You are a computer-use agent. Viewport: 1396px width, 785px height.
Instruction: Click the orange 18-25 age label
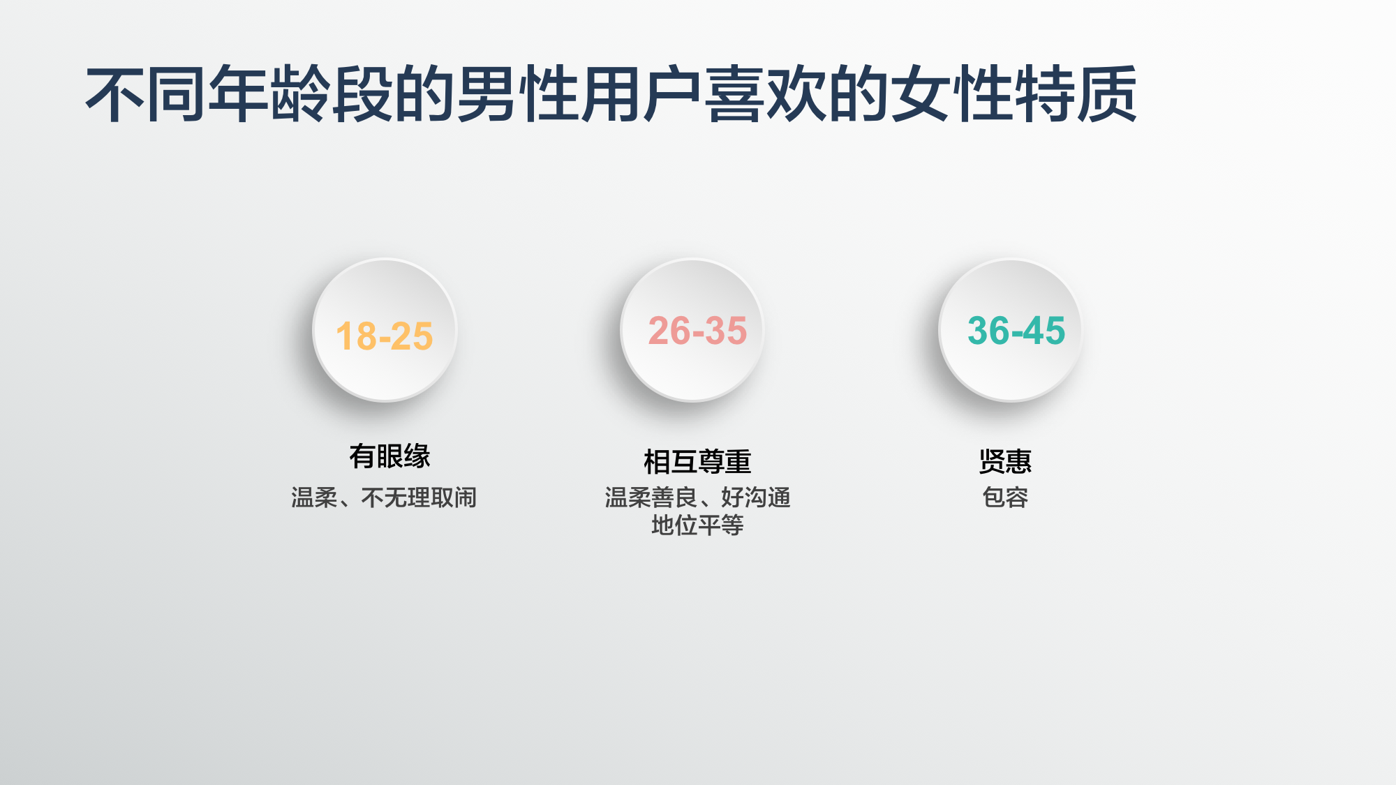coord(385,336)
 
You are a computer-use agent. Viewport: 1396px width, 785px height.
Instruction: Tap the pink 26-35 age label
coord(697,331)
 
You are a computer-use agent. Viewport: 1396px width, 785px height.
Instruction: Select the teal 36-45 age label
coord(1016,331)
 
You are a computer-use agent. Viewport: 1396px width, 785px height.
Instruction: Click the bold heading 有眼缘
coord(389,456)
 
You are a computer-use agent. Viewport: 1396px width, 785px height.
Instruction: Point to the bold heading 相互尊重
coord(697,462)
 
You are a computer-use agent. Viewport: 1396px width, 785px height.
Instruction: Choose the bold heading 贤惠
coord(1005,462)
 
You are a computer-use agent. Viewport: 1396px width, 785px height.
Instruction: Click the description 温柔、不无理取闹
coord(384,498)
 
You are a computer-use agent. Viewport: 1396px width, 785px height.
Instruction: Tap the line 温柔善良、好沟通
coord(697,498)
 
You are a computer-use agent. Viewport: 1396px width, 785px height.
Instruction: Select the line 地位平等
coord(697,525)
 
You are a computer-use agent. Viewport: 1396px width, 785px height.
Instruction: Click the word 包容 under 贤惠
coord(1005,498)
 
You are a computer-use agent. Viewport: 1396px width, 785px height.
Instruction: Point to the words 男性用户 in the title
coord(579,94)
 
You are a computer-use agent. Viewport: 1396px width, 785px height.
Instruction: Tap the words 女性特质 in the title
coord(1016,94)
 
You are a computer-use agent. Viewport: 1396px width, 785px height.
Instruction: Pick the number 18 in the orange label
coord(357,336)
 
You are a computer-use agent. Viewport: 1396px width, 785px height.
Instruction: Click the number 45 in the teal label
coord(1044,331)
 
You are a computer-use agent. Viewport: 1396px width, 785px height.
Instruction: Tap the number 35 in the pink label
coord(725,331)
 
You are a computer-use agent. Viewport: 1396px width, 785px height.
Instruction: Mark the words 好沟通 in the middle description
coord(756,498)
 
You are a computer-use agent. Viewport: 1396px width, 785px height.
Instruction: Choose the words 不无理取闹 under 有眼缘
coord(419,498)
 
